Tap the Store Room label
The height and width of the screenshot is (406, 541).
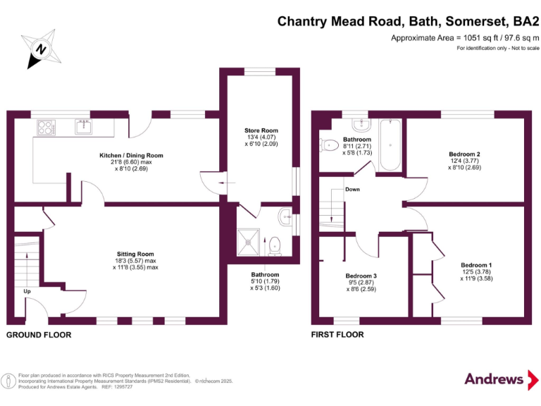261,130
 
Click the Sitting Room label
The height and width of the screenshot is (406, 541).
135,254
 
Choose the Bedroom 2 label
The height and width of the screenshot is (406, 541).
464,154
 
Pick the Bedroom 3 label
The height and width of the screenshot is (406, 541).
361,276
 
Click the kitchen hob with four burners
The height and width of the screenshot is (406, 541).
47,128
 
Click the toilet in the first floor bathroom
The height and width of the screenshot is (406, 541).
328,146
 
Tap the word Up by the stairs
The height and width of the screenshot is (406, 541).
27,290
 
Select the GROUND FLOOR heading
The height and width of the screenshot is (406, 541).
39,335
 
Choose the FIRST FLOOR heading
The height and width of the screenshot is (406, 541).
337,335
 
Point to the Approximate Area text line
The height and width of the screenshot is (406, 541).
465,38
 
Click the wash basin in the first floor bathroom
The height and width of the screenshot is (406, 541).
362,125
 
